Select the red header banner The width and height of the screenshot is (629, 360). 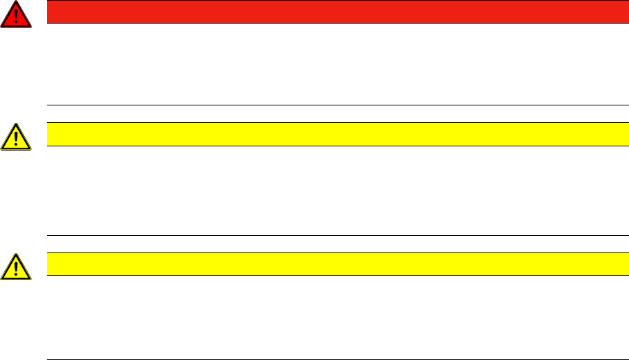(333, 12)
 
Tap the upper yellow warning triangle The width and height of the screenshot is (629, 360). (15, 137)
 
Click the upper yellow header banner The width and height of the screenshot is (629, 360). (333, 134)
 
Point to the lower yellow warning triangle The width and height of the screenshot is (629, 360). (15, 266)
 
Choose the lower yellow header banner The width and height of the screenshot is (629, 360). (333, 264)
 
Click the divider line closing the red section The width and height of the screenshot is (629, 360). (333, 105)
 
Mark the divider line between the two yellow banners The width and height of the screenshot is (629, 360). (333, 235)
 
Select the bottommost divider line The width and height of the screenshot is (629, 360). (333, 359)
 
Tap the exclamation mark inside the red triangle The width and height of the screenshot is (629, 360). (15, 16)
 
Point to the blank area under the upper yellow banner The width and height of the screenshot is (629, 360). (333, 191)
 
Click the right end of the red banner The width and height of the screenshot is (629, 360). (614, 12)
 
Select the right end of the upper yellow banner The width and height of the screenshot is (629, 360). (614, 134)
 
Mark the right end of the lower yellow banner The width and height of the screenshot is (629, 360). (614, 264)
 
